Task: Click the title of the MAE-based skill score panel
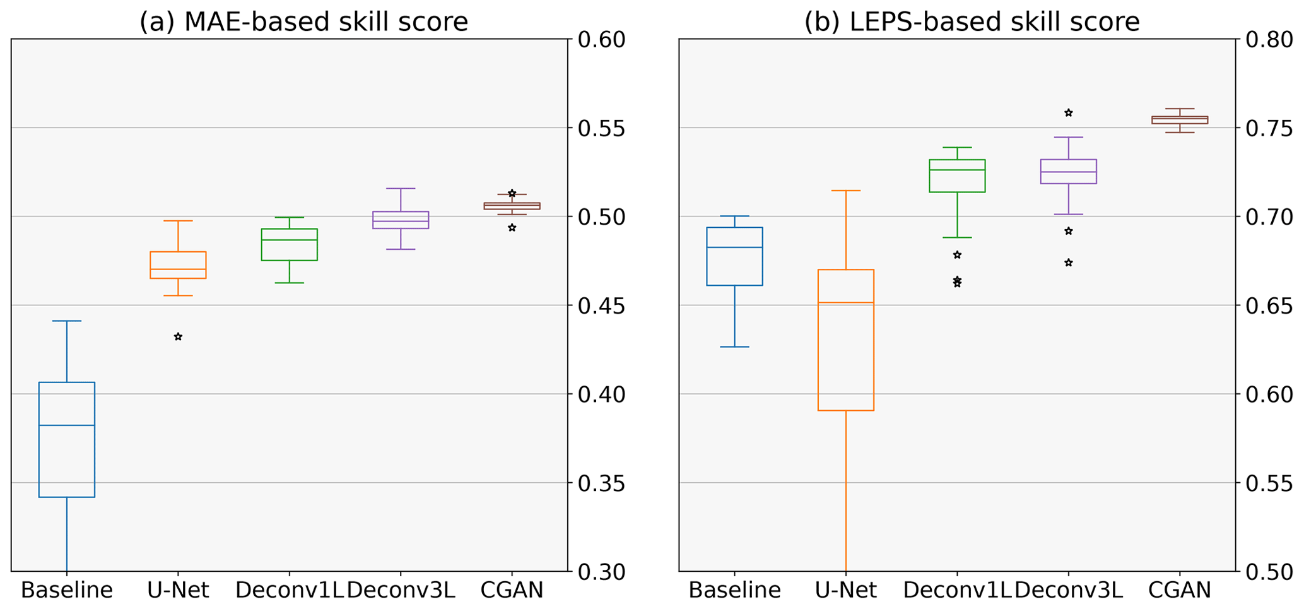point(303,22)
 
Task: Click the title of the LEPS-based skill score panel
point(972,22)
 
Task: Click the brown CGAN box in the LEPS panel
point(1179,120)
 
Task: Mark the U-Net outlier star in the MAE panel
point(178,337)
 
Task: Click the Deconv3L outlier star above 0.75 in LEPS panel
point(1068,113)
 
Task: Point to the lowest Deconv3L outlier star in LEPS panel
point(1068,263)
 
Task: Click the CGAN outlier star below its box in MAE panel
point(512,228)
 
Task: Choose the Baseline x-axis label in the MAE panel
point(67,591)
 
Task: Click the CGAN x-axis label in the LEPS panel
point(1179,591)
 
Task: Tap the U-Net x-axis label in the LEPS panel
point(845,591)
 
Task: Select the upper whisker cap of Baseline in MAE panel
point(67,321)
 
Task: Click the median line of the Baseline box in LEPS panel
point(734,247)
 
